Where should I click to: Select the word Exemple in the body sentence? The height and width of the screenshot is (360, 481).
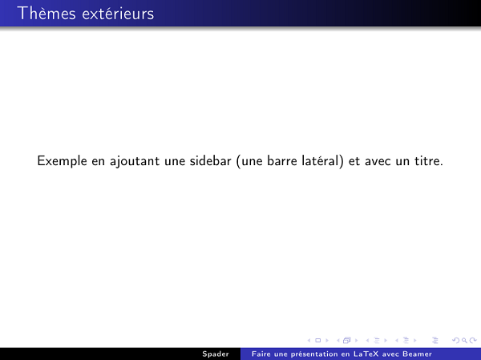click(x=63, y=161)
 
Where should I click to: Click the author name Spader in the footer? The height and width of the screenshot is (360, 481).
click(x=215, y=354)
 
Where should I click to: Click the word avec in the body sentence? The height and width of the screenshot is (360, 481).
click(x=378, y=161)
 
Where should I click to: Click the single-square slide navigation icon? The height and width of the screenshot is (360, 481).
click(x=315, y=341)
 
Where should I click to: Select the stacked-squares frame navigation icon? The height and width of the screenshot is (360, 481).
click(x=347, y=341)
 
